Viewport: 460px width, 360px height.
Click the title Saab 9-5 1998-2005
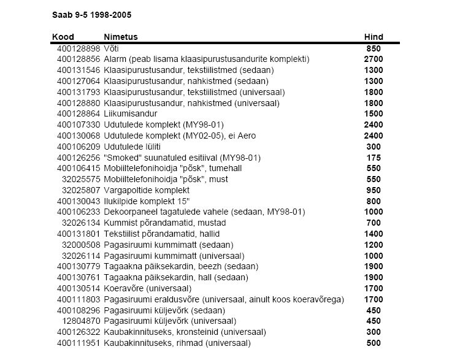91,13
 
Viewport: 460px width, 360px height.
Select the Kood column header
63,37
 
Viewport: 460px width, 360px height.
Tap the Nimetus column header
121,37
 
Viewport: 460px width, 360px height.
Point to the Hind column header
374,37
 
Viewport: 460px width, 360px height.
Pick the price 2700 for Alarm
374,59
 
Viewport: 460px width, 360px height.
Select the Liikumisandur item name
131,114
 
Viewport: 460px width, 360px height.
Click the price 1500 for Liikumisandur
374,114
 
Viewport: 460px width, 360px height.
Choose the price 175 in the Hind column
374,158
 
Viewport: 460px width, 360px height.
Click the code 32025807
80,191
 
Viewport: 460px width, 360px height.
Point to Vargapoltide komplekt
144,191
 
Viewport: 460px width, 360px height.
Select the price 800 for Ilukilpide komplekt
374,201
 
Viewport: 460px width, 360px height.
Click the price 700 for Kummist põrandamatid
374,223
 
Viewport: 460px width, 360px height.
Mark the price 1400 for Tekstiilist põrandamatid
374,234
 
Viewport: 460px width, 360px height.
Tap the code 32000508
80,245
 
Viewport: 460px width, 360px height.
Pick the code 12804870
80,321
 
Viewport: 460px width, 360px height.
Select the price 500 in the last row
374,343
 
